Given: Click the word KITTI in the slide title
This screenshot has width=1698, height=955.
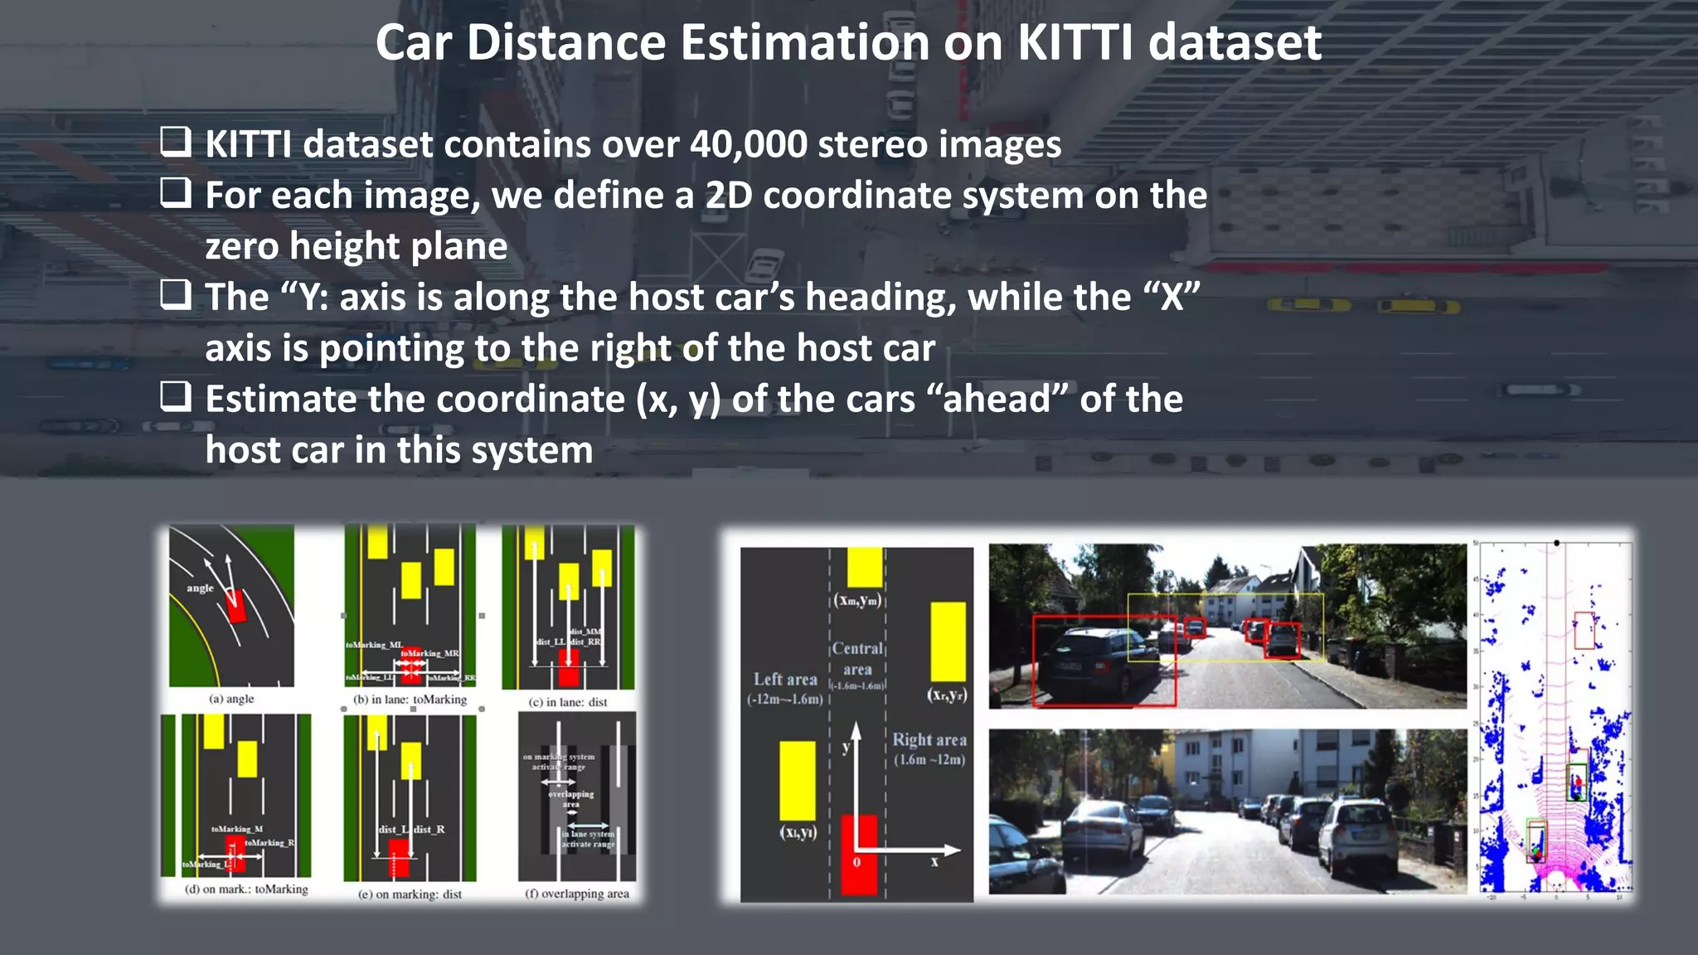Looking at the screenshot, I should [1075, 43].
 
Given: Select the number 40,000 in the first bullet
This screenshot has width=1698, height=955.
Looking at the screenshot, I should [748, 145].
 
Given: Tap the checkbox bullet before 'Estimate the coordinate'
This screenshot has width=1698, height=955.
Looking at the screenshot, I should [176, 397].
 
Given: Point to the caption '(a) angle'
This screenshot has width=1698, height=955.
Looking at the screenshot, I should [231, 699].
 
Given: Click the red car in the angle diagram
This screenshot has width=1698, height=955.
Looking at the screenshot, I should [236, 606].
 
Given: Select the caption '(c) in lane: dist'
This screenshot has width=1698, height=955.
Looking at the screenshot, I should [568, 702].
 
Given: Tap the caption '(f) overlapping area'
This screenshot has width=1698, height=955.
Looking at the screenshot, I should [577, 894].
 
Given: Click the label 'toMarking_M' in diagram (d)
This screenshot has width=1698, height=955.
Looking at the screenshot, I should [237, 829].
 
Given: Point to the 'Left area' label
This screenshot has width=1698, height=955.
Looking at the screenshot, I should [785, 680].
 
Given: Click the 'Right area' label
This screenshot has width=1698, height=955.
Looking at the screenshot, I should [929, 739].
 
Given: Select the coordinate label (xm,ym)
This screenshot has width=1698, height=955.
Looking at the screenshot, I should [858, 600].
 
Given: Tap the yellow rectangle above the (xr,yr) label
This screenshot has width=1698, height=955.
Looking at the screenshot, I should [948, 641].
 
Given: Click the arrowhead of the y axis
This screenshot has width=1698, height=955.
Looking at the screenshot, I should [856, 729].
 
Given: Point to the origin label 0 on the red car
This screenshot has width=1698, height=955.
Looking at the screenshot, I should [856, 862].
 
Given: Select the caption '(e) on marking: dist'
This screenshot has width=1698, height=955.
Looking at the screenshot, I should [410, 894].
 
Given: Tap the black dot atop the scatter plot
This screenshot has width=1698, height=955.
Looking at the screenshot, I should [1556, 543].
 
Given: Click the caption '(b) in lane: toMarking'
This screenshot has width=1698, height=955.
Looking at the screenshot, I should [410, 700].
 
